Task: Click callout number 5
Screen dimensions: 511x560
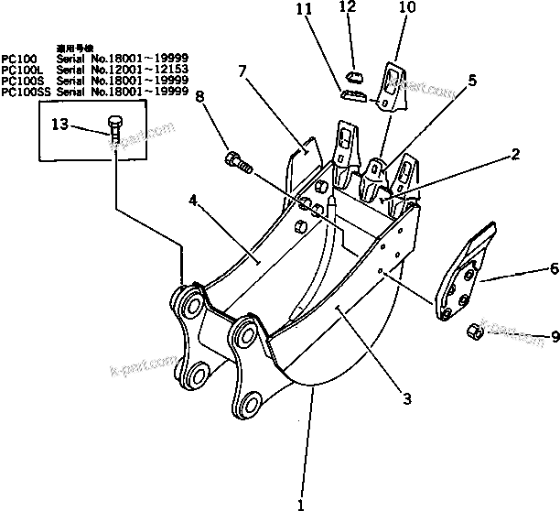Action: [x=471, y=81]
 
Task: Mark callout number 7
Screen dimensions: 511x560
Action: [x=243, y=71]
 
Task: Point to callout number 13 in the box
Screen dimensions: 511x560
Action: [x=59, y=126]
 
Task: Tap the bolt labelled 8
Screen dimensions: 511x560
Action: [x=238, y=164]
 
